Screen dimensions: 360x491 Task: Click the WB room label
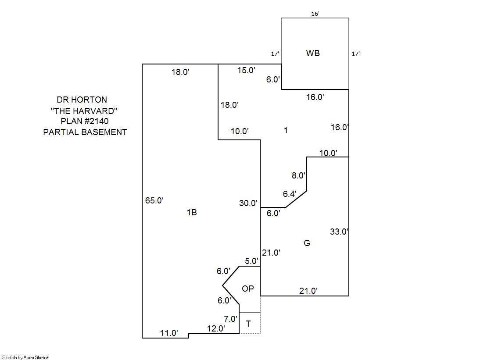(313, 53)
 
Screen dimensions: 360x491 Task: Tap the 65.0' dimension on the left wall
(154, 201)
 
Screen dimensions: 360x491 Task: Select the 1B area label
(192, 213)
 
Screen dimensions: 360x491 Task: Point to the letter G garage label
(307, 243)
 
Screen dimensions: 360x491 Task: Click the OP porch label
(248, 289)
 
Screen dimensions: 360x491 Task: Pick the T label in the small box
(249, 324)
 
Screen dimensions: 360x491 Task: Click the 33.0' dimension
(339, 232)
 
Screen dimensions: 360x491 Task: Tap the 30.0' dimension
(248, 203)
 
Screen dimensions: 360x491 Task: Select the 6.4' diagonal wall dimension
(290, 193)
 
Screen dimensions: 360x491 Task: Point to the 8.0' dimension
(298, 175)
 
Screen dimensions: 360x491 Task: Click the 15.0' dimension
(246, 70)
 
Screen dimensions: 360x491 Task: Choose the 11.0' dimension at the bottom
(169, 333)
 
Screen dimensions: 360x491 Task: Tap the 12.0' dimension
(216, 328)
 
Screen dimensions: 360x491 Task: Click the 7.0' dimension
(230, 319)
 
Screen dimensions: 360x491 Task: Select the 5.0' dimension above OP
(251, 261)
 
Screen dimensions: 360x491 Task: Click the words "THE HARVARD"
(84, 110)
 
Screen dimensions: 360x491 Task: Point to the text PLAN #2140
(85, 121)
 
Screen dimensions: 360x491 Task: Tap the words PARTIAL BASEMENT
(85, 132)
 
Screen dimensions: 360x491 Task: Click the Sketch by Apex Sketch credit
(26, 357)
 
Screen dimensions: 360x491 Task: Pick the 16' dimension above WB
(315, 14)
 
